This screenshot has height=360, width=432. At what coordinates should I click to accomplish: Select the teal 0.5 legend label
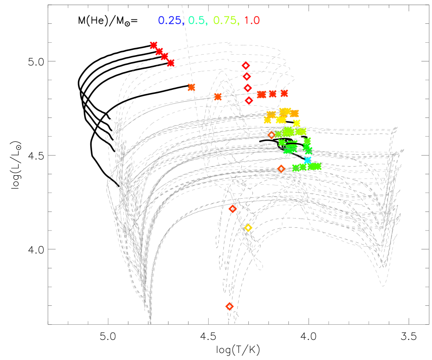[197, 20]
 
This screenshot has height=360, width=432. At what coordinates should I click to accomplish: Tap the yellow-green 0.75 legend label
[225, 20]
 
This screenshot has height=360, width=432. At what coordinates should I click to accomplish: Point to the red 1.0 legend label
[252, 20]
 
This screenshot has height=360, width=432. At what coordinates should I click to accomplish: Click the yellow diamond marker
[248, 228]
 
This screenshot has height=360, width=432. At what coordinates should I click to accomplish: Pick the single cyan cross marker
[307, 160]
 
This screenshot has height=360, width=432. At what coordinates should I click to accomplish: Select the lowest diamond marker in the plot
[229, 306]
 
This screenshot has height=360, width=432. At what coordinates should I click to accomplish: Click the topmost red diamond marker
[246, 66]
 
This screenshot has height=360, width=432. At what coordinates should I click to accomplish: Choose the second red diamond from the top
[247, 77]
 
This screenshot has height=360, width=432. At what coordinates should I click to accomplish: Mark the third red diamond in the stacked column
[248, 88]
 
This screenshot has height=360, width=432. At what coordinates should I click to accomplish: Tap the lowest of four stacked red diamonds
[249, 100]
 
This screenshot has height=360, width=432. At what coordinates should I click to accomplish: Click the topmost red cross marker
[153, 45]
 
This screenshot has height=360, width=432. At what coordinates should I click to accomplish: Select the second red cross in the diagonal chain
[159, 52]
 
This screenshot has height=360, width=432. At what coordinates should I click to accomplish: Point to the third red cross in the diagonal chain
[164, 57]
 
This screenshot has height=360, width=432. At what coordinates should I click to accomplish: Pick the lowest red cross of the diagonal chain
[171, 63]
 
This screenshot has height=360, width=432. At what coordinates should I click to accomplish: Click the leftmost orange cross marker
[191, 87]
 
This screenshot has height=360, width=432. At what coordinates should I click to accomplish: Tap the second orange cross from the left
[218, 96]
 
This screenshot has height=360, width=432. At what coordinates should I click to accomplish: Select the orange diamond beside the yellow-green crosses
[271, 135]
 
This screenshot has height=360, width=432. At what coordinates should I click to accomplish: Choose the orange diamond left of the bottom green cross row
[281, 169]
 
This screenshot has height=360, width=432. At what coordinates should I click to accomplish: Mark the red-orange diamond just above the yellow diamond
[233, 209]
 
